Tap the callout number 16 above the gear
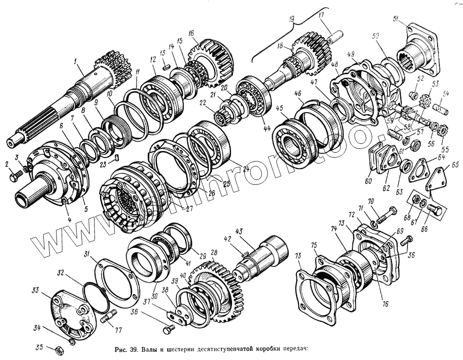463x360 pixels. tap(192, 33)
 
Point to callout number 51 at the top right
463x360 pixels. tap(396, 19)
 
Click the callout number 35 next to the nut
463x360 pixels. tap(40, 347)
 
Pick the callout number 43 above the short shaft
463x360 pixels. tap(239, 231)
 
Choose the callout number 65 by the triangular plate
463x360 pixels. tap(455, 166)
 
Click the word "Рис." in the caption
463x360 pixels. tap(120, 349)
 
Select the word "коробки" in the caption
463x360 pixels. tap(264, 349)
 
